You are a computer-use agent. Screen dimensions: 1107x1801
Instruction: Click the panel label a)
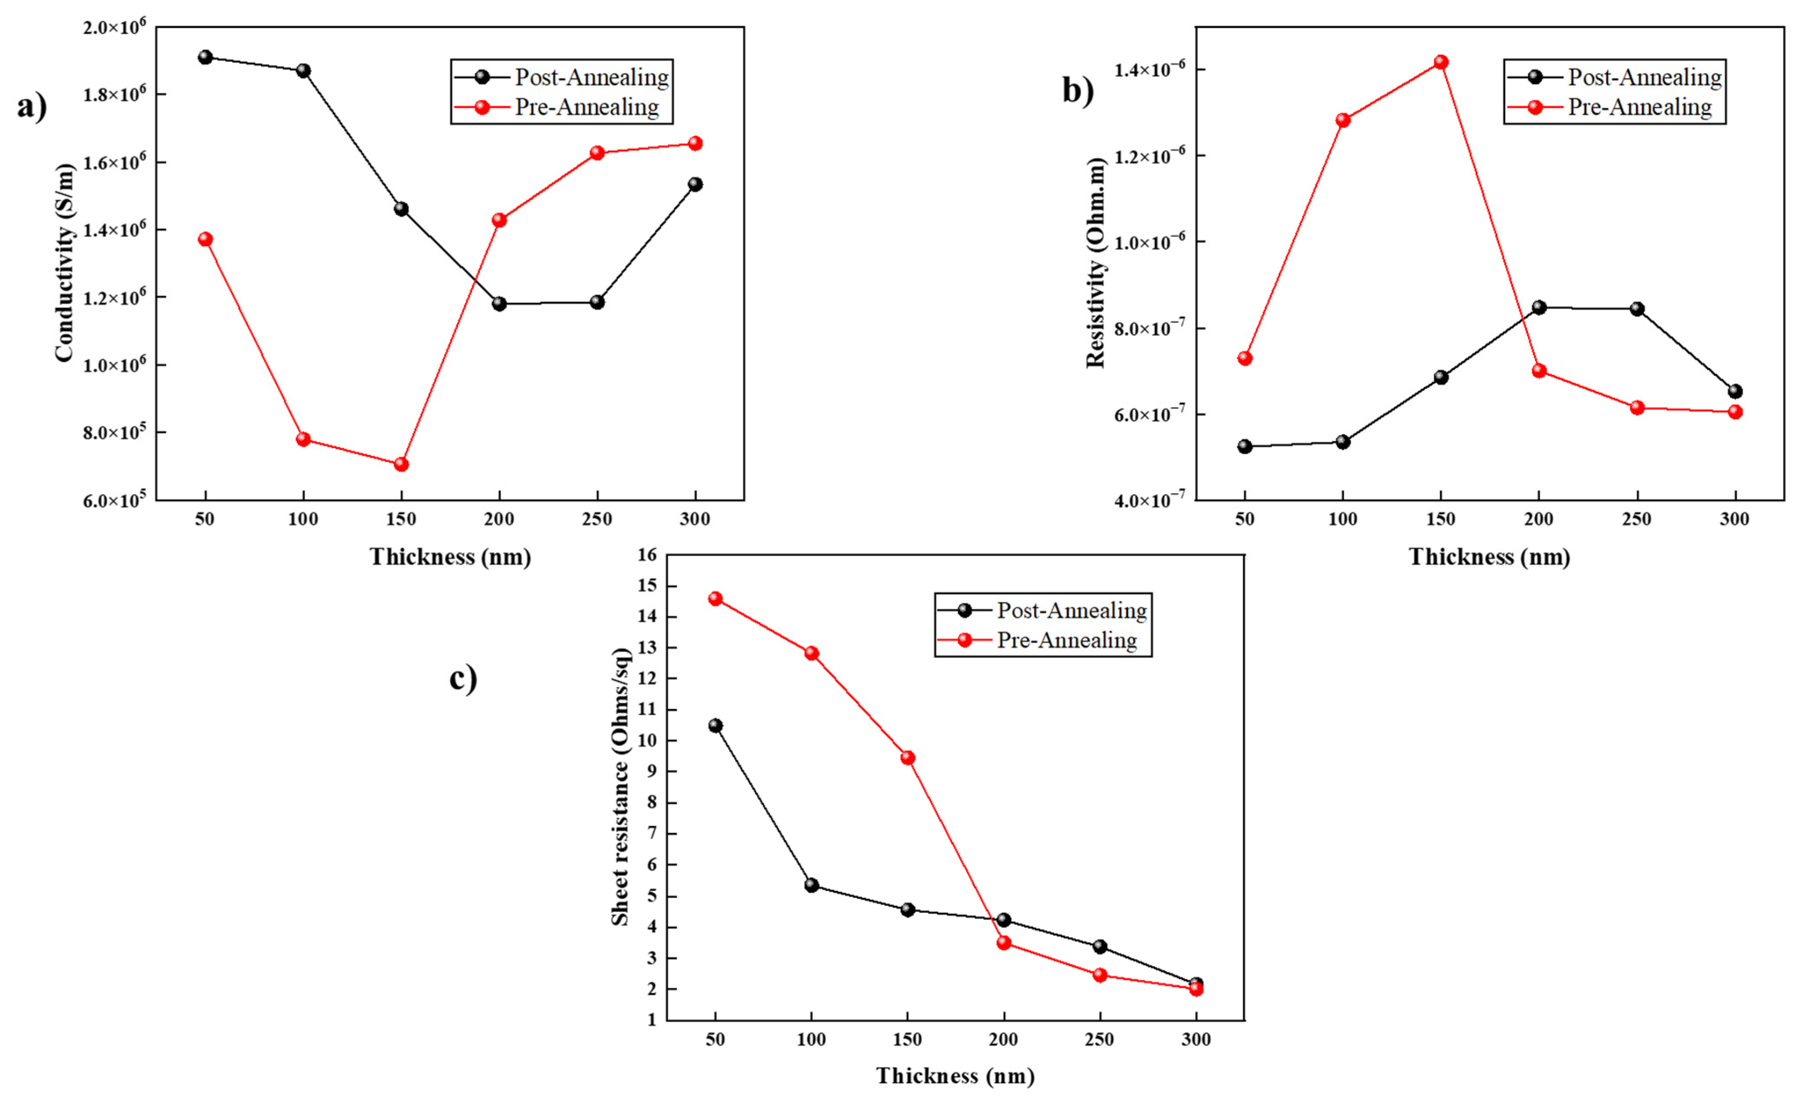coord(31,107)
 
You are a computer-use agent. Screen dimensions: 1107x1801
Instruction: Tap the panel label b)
coord(1077,91)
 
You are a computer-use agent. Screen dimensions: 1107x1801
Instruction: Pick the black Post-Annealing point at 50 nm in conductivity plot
coord(205,57)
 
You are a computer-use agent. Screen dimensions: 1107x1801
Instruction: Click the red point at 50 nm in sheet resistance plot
coord(715,598)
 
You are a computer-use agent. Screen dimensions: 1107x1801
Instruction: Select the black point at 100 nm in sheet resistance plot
coord(811,885)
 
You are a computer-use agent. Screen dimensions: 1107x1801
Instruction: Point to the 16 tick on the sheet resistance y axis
coord(647,555)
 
